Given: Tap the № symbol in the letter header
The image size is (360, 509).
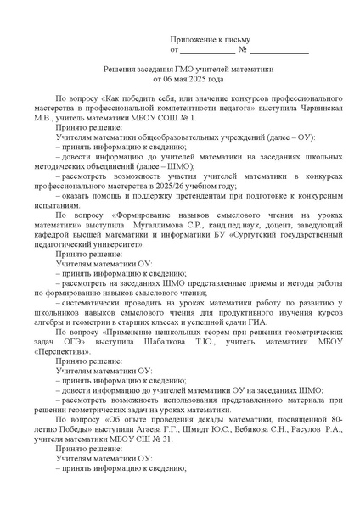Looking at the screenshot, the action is [x=245, y=50].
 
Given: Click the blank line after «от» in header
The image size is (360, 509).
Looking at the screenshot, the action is [x=208, y=51].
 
